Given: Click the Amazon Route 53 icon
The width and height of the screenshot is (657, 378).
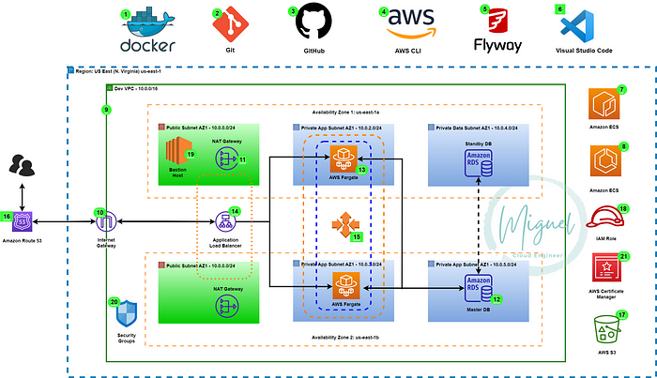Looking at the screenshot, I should (26, 222).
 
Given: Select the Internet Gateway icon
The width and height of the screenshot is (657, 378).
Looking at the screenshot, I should (105, 222).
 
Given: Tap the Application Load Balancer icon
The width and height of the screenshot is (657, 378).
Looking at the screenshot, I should (225, 222).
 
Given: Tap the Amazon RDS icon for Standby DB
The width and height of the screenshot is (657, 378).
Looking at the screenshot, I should (481, 159).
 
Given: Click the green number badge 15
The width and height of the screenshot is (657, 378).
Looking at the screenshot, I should (357, 238).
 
